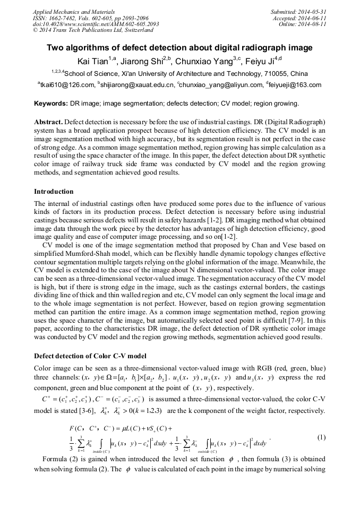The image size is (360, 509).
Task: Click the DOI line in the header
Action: [x=96, y=24]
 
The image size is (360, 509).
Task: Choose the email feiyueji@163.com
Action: [x=296, y=85]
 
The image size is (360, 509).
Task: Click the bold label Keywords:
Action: [x=52, y=103]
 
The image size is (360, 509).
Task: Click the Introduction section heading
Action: [x=54, y=191]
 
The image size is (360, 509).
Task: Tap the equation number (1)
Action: [x=321, y=437]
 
